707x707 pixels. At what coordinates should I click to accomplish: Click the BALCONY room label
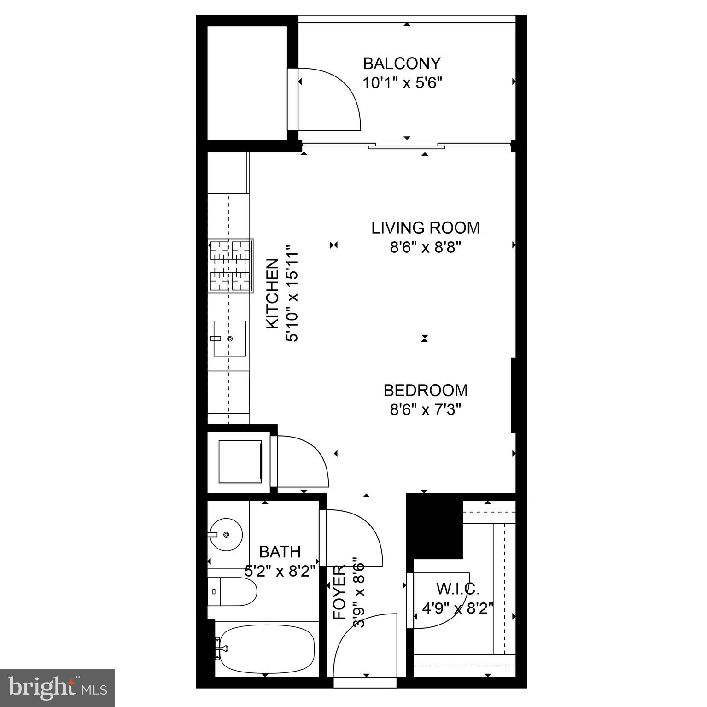coord(402,63)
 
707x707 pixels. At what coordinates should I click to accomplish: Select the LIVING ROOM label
coord(426,228)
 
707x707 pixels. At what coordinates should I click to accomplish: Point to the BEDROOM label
coord(426,390)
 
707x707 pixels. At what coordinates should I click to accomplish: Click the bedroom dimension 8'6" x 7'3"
coord(426,409)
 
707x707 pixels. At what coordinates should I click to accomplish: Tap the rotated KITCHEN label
coord(273,293)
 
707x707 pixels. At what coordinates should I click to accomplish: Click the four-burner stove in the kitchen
coord(230,265)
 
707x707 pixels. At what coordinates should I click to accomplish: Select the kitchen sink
coord(229,339)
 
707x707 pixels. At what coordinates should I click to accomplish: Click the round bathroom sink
coord(226,534)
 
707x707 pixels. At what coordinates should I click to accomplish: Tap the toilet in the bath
coord(233,591)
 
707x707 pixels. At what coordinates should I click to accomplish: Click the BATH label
coord(280,551)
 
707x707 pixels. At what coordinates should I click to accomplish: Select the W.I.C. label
coord(458,588)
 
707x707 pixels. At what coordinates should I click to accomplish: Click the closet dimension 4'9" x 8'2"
coord(458,608)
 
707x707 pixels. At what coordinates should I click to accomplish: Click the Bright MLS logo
coord(57,688)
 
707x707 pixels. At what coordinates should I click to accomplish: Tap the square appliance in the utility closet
coord(240,461)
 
